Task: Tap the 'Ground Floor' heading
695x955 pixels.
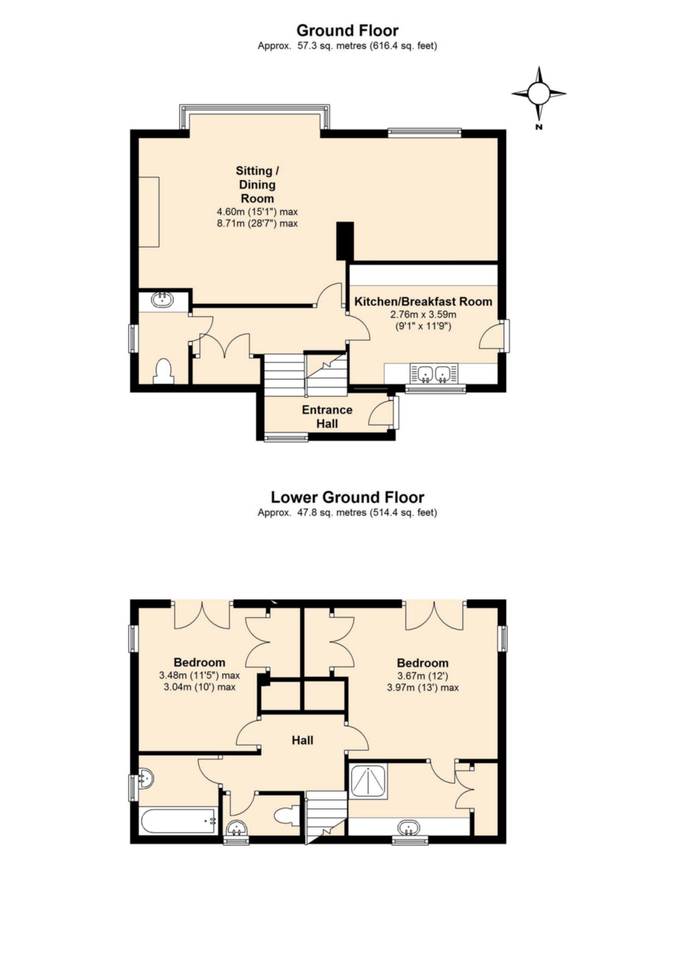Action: point(347,31)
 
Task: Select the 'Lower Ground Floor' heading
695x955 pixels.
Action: point(347,497)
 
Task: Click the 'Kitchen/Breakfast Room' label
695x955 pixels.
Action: point(423,301)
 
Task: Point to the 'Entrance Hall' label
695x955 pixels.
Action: point(327,416)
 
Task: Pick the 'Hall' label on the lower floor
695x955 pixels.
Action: point(302,740)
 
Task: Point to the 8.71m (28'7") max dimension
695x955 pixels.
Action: point(257,223)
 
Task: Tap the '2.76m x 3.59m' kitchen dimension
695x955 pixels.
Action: point(423,314)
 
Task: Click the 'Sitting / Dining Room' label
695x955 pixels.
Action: point(257,184)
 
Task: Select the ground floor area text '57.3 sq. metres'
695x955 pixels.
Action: point(332,46)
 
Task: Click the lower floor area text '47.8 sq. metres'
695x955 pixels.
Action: point(332,512)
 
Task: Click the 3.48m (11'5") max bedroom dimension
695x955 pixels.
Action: point(200,676)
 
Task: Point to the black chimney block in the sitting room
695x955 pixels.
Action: point(345,241)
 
